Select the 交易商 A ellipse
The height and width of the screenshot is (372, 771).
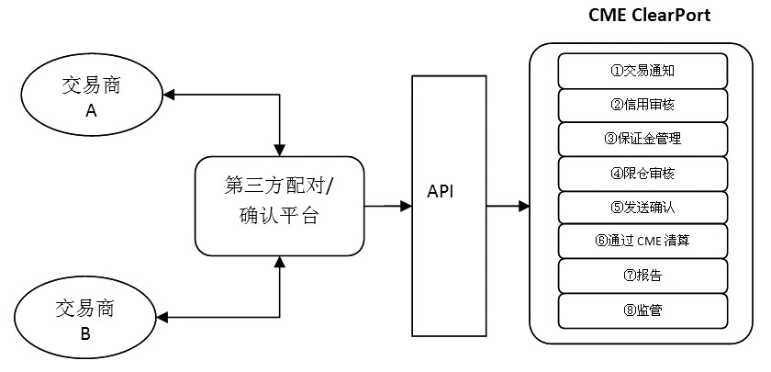[92, 96]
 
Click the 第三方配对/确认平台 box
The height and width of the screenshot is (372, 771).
[279, 206]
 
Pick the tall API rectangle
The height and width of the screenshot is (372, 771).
[449, 206]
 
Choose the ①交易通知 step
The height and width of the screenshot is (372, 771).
[642, 71]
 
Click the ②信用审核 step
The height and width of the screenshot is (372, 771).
[642, 105]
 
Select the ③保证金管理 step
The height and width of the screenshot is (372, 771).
[642, 140]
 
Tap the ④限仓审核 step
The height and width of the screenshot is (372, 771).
[642, 174]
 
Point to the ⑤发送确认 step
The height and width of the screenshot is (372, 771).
[642, 208]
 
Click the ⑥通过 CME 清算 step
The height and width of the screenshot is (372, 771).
[642, 242]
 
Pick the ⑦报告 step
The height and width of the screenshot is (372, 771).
[642, 276]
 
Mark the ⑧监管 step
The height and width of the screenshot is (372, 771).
[642, 310]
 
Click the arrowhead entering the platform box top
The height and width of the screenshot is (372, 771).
[280, 150]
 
